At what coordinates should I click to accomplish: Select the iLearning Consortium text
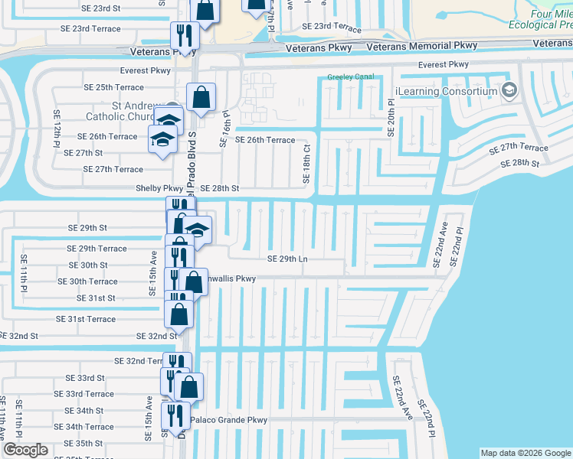pos(447,92)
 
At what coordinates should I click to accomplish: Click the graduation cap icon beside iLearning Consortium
pos(508,92)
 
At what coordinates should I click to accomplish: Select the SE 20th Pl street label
pos(391,117)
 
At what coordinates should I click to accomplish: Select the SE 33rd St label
pos(85,378)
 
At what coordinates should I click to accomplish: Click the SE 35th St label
pos(83,443)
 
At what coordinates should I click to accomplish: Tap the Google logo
pos(25,450)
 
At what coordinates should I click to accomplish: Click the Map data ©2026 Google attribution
pos(525,453)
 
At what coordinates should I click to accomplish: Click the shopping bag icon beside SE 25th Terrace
pos(201,97)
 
